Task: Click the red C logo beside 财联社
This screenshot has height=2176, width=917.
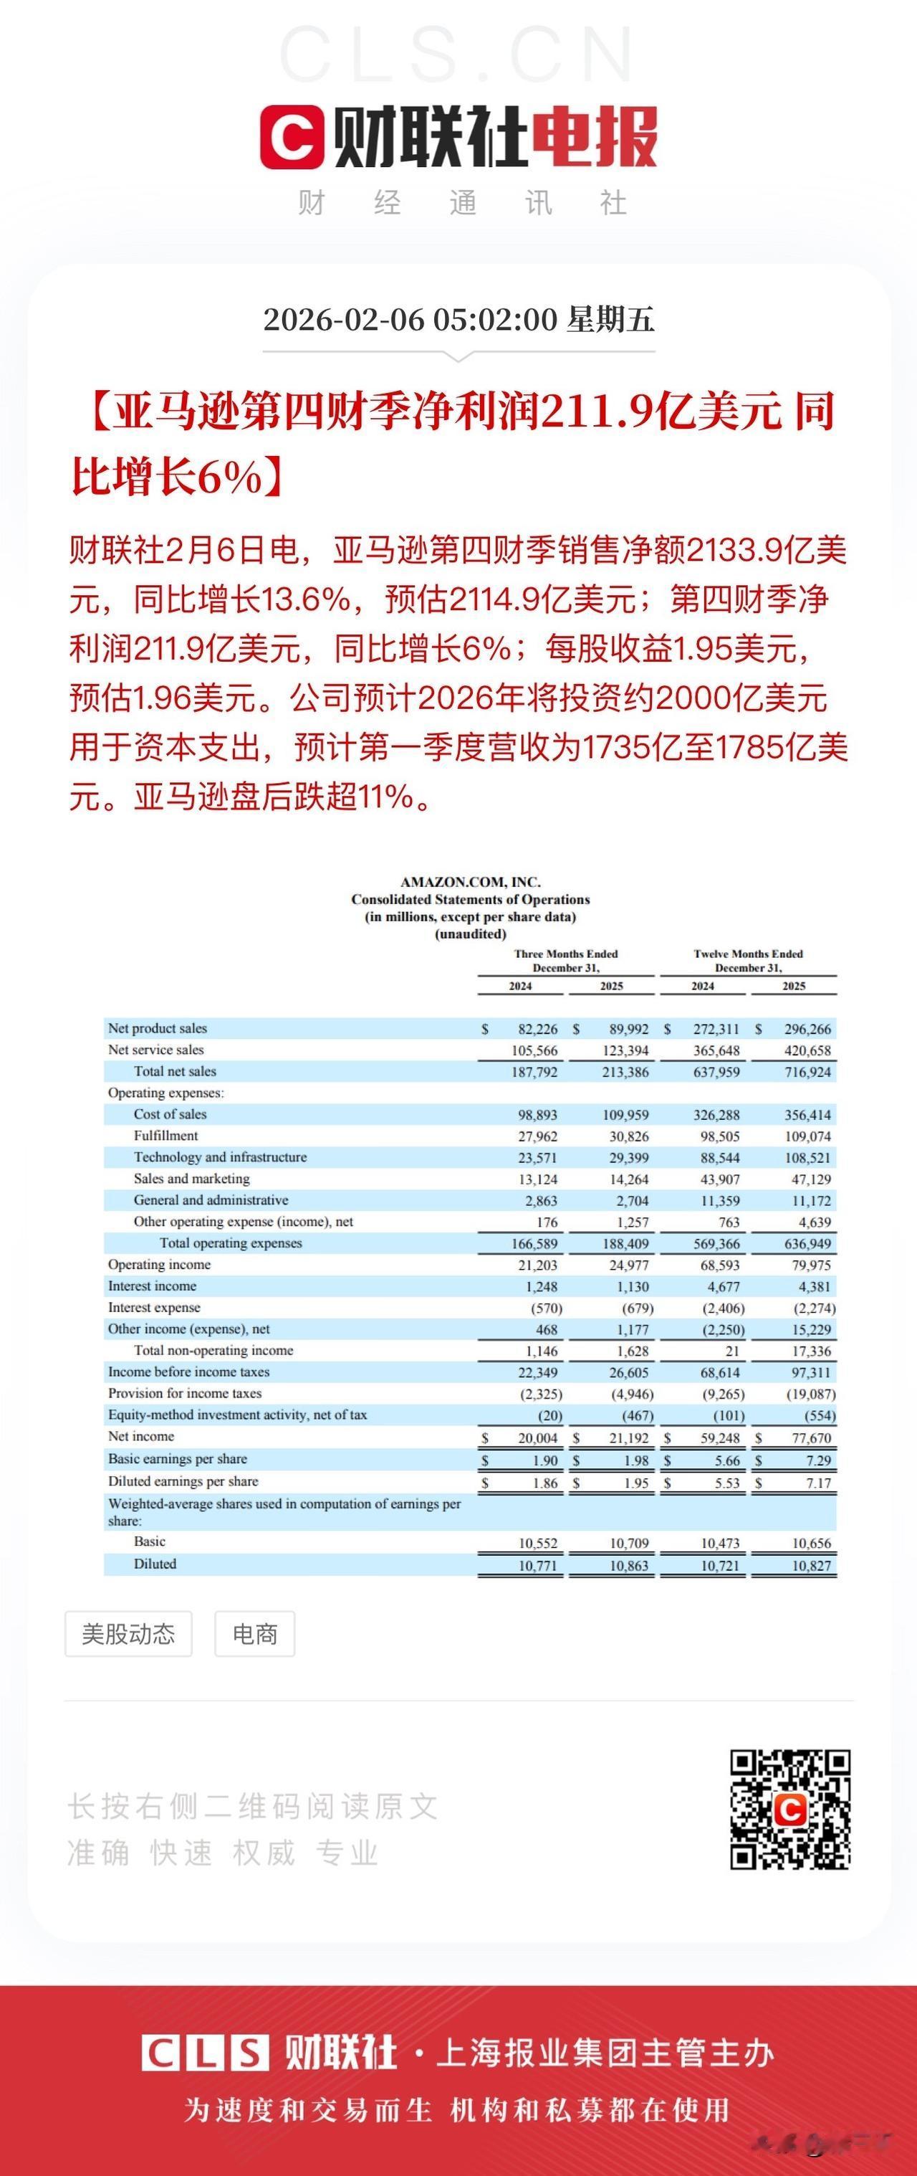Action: click(292, 137)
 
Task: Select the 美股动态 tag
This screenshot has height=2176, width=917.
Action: click(128, 1634)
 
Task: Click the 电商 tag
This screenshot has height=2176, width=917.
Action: click(254, 1634)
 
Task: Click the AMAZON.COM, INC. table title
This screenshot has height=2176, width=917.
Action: click(471, 882)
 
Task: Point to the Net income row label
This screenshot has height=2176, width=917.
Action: click(141, 1436)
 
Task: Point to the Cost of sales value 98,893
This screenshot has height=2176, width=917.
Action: click(537, 1115)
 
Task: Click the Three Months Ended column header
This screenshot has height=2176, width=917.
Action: click(566, 954)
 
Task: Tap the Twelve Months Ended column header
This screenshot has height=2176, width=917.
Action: click(748, 954)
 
